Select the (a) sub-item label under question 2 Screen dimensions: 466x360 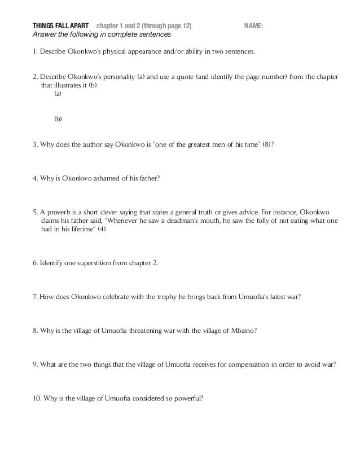tap(58, 95)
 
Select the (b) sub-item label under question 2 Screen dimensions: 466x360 tap(58, 119)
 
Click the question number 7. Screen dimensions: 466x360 tap(35, 297)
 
